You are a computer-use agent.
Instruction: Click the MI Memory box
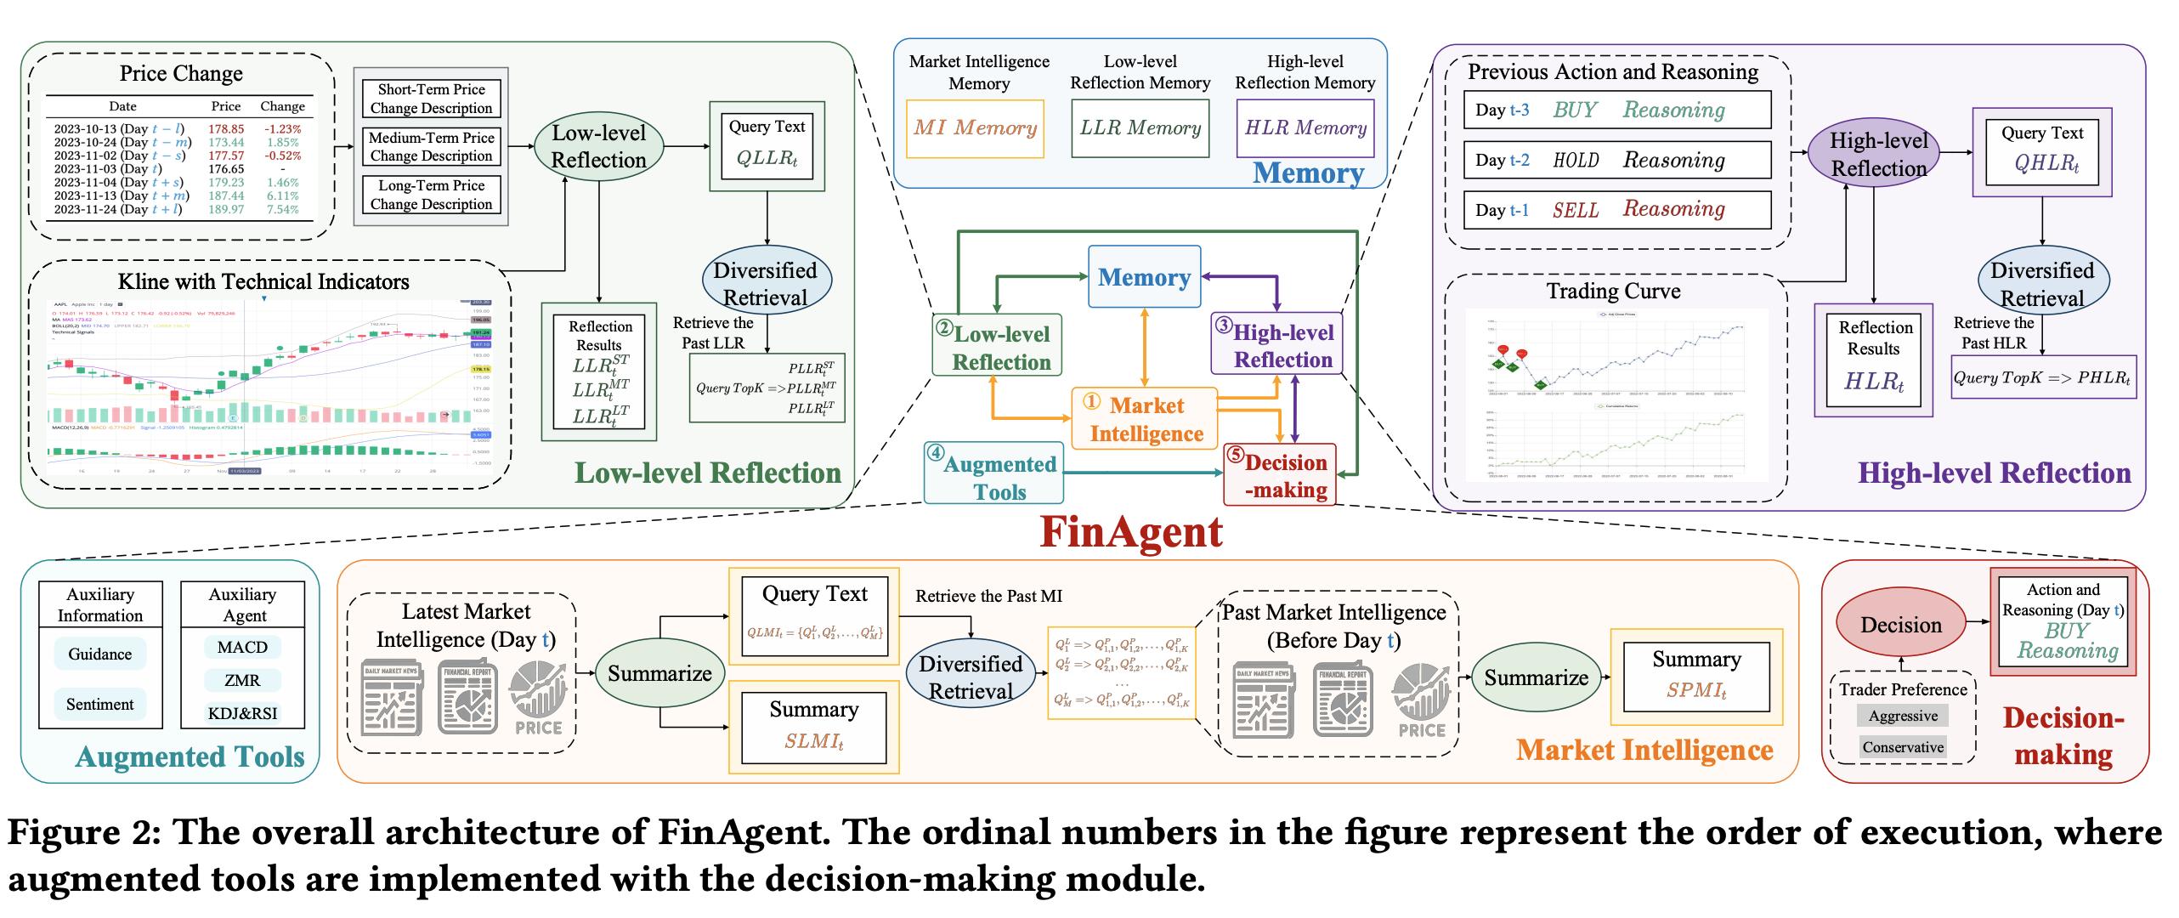(975, 128)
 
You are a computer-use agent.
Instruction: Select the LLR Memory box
(1140, 128)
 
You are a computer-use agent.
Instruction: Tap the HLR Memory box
(1305, 128)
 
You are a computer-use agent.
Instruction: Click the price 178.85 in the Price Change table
(226, 129)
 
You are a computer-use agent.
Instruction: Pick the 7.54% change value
(282, 209)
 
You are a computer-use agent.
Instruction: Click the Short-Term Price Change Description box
(431, 99)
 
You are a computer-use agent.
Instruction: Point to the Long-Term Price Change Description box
(431, 195)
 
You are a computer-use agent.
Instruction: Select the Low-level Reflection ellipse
(598, 146)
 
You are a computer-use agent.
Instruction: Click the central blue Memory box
(1144, 277)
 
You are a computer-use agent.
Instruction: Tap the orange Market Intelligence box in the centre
(1144, 419)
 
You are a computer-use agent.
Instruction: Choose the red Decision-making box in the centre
(1280, 475)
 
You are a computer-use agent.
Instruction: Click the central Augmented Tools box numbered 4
(993, 473)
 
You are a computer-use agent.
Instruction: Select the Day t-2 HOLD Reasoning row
(1616, 160)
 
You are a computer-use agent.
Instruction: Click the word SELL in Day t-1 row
(1575, 210)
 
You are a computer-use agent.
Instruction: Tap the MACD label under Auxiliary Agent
(242, 647)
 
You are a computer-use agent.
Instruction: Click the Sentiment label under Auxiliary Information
(100, 704)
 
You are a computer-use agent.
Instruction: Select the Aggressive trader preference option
(1903, 716)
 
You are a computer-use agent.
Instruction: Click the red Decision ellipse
(1900, 625)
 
